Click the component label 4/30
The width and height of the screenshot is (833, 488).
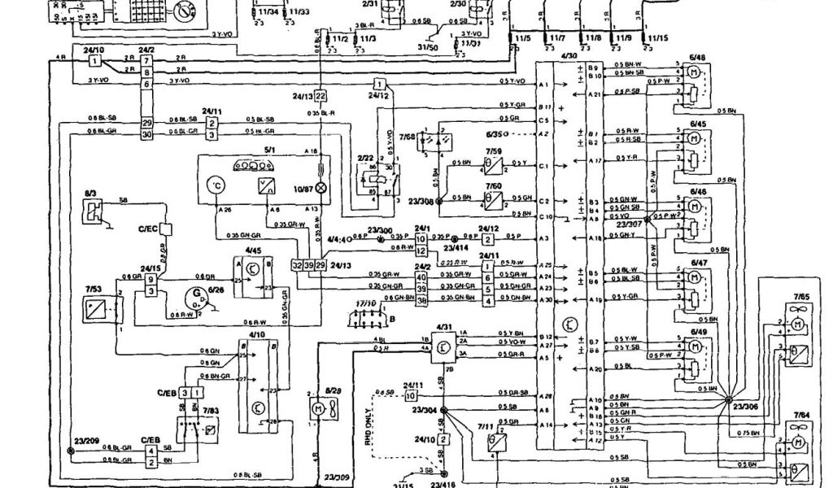click(569, 57)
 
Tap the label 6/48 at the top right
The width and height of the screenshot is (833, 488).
click(697, 57)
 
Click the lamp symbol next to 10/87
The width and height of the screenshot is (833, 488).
click(321, 188)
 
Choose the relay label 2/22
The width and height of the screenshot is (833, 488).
click(366, 157)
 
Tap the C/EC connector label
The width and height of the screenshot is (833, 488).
click(147, 230)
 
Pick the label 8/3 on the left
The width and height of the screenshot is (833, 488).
click(90, 193)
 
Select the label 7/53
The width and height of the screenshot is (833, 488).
click(94, 289)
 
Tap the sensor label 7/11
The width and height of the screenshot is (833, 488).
click(486, 426)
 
